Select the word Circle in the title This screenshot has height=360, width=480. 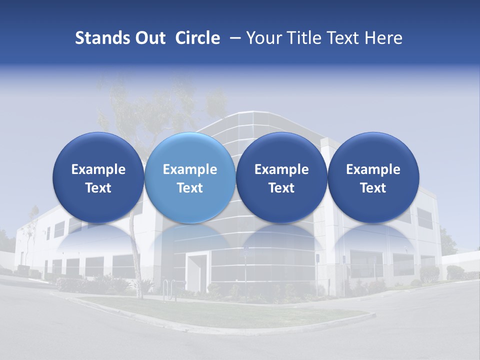pyautogui.click(x=197, y=38)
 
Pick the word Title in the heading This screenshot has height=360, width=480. pyautogui.click(x=302, y=38)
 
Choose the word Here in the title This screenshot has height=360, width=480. pyautogui.click(x=384, y=38)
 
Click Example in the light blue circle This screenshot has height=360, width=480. pyautogui.click(x=190, y=169)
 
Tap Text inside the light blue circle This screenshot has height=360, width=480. pyautogui.click(x=190, y=188)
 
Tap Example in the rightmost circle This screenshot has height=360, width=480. pyautogui.click(x=373, y=169)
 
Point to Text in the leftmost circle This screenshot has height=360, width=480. pyautogui.click(x=98, y=188)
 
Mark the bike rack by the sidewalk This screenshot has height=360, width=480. pyautogui.click(x=169, y=290)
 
